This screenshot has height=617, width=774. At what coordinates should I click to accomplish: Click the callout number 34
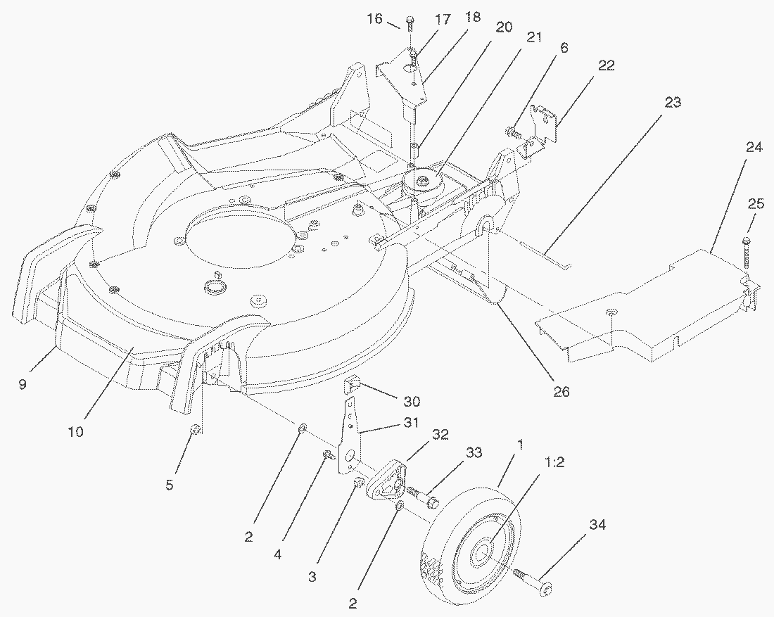tap(597, 525)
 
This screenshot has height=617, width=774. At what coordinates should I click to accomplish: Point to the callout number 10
tap(75, 432)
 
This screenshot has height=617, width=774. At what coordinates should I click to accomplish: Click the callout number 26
tap(562, 392)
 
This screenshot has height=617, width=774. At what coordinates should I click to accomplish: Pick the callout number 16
tap(375, 19)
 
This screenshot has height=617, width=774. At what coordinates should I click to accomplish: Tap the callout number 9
tap(22, 384)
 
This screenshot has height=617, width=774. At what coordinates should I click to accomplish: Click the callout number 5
tap(170, 485)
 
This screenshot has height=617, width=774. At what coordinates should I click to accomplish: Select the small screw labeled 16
tap(410, 24)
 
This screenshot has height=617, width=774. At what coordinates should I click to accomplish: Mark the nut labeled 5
tap(196, 429)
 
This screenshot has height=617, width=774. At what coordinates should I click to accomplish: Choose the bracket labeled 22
tap(540, 130)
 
